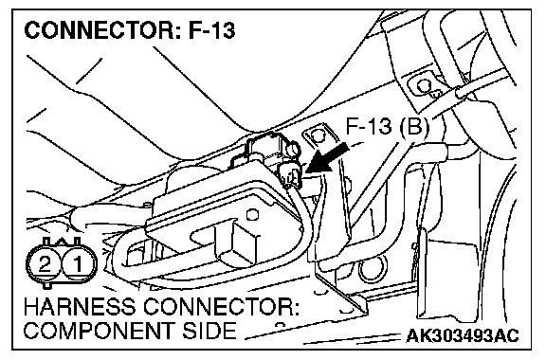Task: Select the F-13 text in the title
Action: (x=211, y=30)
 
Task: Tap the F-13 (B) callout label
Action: (x=387, y=126)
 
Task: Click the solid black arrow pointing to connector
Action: (x=327, y=159)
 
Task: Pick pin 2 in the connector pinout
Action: (x=45, y=264)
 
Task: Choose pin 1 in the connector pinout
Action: (x=78, y=264)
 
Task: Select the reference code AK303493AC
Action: (x=463, y=336)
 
